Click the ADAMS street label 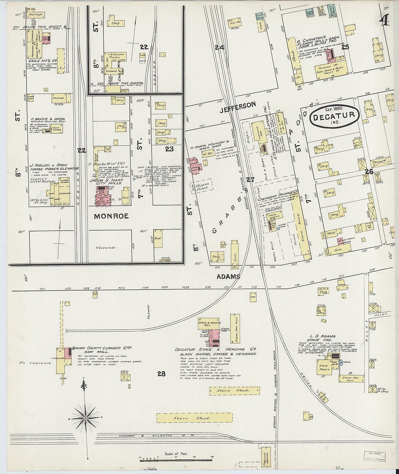[x=229, y=276]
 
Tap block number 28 [x=161, y=373]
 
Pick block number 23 [x=169, y=149]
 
